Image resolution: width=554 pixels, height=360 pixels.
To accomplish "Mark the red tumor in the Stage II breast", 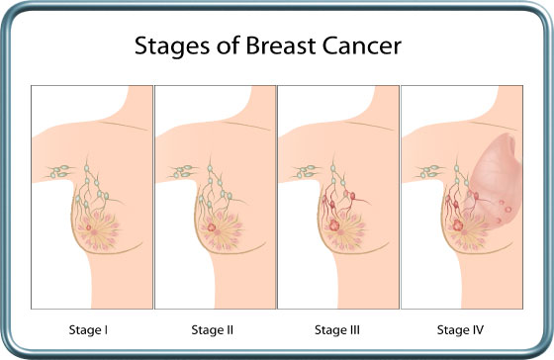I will tap(211, 227).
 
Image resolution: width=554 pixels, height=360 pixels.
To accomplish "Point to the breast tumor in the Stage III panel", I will tap(334, 225).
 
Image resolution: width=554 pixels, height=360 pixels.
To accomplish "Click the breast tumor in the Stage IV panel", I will tap(458, 225).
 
